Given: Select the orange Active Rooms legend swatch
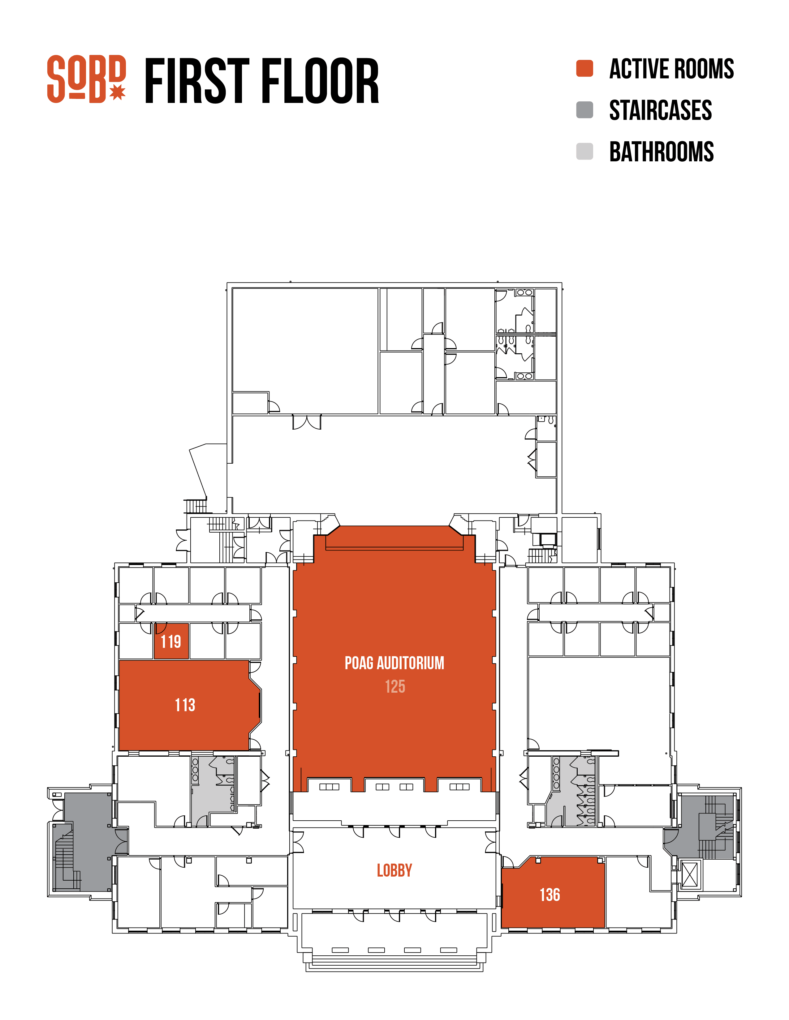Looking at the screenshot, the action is [x=584, y=68].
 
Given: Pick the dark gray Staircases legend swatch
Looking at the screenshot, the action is [x=584, y=110].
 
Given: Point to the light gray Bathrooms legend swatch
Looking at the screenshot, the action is [x=584, y=151].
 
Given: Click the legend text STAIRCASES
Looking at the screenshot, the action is [x=661, y=110].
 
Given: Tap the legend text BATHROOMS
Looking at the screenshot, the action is [x=662, y=152].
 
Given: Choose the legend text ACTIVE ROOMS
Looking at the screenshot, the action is [x=672, y=69].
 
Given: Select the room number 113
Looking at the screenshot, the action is [x=185, y=705].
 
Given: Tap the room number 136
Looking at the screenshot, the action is [x=550, y=895].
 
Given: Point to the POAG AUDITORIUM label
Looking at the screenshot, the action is [x=394, y=663].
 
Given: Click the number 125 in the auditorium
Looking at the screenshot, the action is [x=395, y=686].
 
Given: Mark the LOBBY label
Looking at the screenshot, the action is [x=394, y=870].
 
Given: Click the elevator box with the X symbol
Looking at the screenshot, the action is [x=690, y=875].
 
